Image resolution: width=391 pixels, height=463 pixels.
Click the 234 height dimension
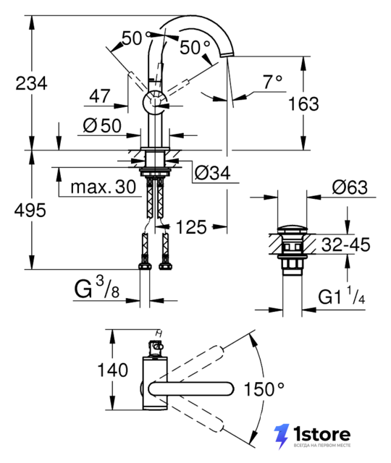pyautogui.click(x=31, y=84)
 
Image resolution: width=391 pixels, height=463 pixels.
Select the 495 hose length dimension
pyautogui.click(x=30, y=211)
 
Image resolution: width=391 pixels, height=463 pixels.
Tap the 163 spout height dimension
pyautogui.click(x=303, y=104)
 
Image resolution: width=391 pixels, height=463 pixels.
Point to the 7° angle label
pyautogui.click(x=272, y=82)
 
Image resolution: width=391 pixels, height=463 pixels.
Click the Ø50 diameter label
pyautogui.click(x=102, y=125)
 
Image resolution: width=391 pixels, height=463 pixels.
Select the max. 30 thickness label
pyautogui.click(x=104, y=187)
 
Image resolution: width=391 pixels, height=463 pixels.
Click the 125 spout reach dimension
pyautogui.click(x=191, y=227)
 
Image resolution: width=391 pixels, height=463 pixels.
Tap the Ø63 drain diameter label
pyautogui.click(x=350, y=187)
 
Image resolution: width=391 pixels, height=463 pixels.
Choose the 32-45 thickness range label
pyautogui.click(x=345, y=245)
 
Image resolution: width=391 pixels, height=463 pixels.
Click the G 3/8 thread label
pyautogui.click(x=97, y=288)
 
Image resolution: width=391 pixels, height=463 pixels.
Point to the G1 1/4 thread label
pyautogui.click(x=342, y=296)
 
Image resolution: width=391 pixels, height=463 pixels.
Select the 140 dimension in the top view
pyautogui.click(x=113, y=370)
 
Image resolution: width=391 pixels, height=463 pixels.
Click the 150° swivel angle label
pyautogui.click(x=264, y=389)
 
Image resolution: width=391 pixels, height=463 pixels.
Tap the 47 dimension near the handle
pyautogui.click(x=100, y=95)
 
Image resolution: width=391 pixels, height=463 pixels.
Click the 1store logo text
pyautogui.click(x=321, y=435)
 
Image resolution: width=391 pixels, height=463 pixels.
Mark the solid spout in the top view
pyautogui.click(x=191, y=389)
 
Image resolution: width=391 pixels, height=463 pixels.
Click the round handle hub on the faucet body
pyautogui.click(x=154, y=102)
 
